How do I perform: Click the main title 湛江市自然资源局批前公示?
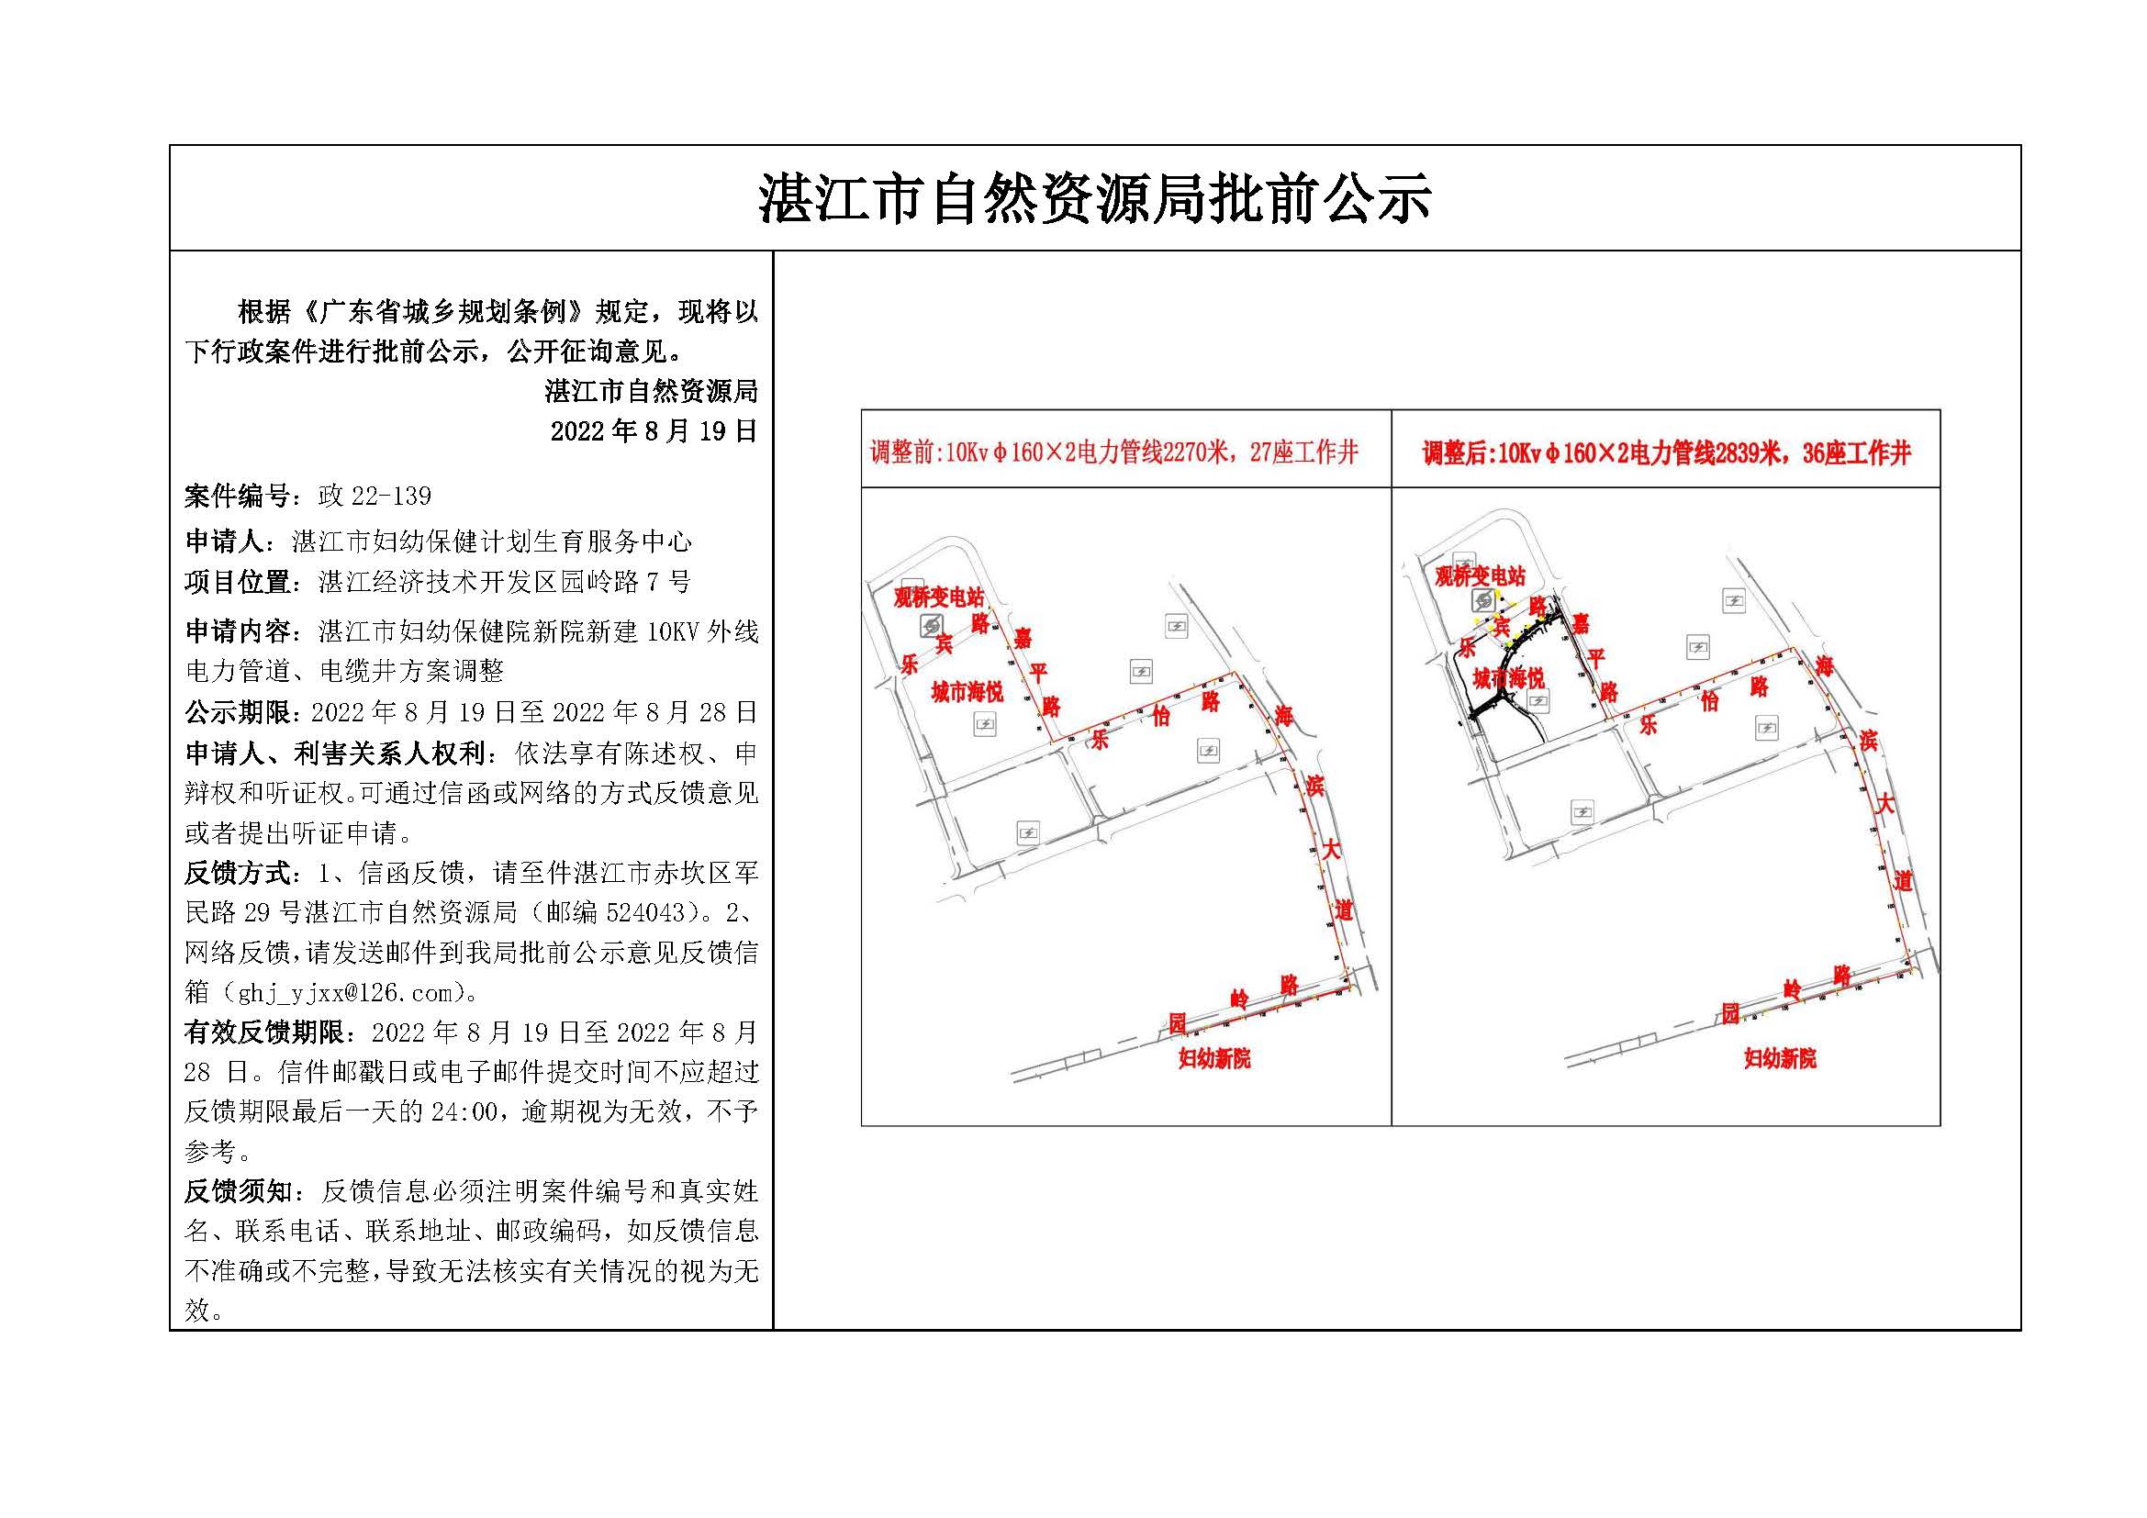pos(1094,198)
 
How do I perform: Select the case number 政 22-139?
pos(374,497)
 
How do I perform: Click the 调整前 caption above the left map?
pos(1113,453)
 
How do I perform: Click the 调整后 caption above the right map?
pos(1665,454)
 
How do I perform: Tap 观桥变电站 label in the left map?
pos(938,597)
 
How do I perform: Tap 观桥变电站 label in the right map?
pos(1480,575)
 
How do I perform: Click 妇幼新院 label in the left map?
pos(1213,1058)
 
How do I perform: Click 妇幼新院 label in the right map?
pos(1780,1058)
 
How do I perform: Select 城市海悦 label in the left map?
pos(967,692)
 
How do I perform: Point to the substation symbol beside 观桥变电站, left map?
pos(931,624)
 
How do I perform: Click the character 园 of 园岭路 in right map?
pos(1731,1013)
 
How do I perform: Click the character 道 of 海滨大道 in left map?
pos(1344,910)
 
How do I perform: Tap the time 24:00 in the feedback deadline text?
pos(464,1111)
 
